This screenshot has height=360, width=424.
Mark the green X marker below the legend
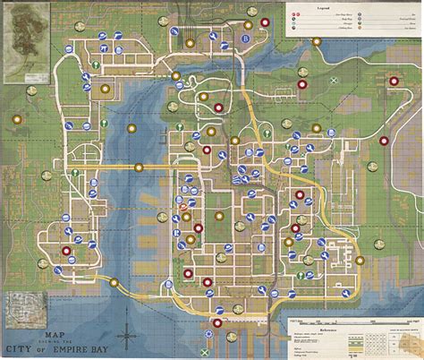coord(333,81)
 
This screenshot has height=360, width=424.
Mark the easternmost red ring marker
coord(385,141)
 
